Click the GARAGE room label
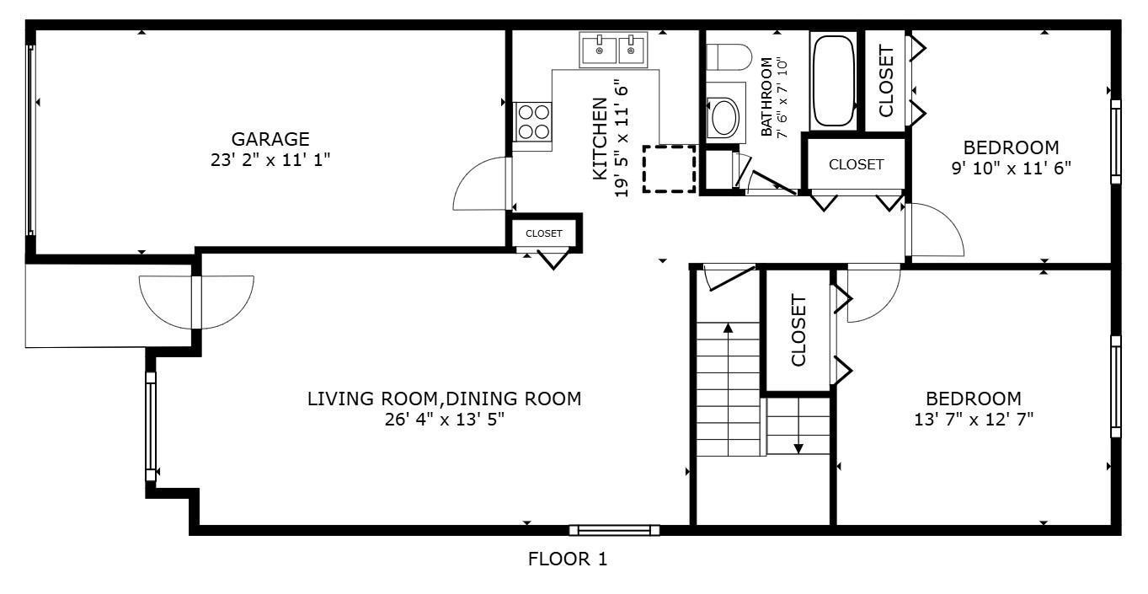pyautogui.click(x=270, y=139)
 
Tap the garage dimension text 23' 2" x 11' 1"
pyautogui.click(x=270, y=160)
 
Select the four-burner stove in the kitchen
pyautogui.click(x=532, y=121)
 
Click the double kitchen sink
pyautogui.click(x=613, y=50)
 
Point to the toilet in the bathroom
pyautogui.click(x=729, y=57)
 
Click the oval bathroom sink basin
pyautogui.click(x=724, y=117)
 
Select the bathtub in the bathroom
pyautogui.click(x=833, y=81)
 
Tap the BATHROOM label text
pyautogui.click(x=766, y=97)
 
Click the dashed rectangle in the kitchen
pyautogui.click(x=670, y=169)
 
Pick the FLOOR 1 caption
pyautogui.click(x=568, y=559)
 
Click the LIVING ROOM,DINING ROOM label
pyautogui.click(x=444, y=399)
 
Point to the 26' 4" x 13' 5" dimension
pyautogui.click(x=445, y=420)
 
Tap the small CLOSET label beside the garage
pyautogui.click(x=544, y=233)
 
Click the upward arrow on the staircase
pyautogui.click(x=728, y=389)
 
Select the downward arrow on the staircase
pyautogui.click(x=798, y=426)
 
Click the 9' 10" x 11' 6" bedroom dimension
pyautogui.click(x=1012, y=169)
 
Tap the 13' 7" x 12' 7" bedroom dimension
pyautogui.click(x=974, y=420)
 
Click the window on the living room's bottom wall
pyautogui.click(x=614, y=531)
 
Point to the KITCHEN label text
pyautogui.click(x=600, y=139)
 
